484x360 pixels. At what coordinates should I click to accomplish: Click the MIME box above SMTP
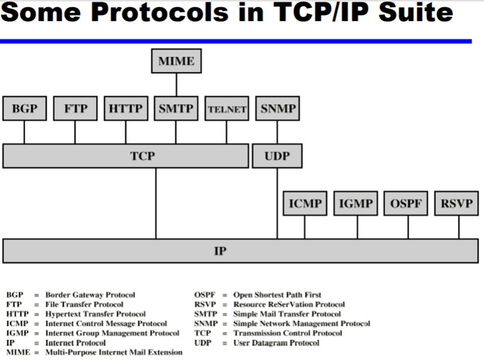176,61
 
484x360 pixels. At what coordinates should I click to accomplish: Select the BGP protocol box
25,109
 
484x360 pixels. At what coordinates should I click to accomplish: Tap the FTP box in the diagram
75,109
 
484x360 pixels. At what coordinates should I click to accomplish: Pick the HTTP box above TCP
126,109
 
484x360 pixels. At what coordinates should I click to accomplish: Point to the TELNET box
226,109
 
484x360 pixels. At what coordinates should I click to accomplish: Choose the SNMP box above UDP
278,109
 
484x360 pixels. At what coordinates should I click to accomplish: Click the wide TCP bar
126,156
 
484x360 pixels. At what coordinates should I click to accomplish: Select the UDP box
277,156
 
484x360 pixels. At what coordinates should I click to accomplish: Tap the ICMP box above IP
304,204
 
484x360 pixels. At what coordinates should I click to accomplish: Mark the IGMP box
355,204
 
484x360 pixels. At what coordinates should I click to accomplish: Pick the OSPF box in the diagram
407,204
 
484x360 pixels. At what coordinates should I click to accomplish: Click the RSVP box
457,204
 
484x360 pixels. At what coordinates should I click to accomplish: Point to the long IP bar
240,250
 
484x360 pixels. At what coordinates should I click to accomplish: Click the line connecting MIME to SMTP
176,85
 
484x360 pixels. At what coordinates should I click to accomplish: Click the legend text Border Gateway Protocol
90,295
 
